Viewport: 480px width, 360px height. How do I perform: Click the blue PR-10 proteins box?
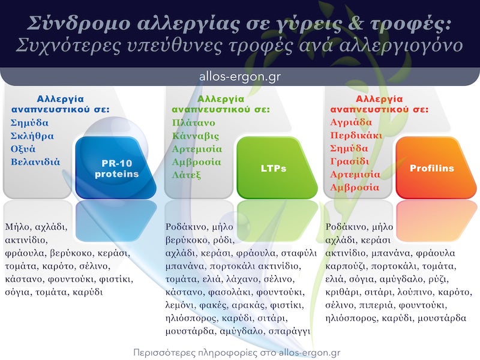point(116,169)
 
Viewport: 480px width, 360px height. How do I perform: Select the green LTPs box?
point(277,169)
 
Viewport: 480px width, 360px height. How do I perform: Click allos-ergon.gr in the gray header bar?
point(239,77)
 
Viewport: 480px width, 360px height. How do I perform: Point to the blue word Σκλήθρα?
point(32,136)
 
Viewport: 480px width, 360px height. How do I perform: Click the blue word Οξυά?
point(23,149)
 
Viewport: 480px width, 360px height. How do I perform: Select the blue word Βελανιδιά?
point(35,161)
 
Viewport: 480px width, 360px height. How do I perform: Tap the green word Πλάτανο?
point(193,122)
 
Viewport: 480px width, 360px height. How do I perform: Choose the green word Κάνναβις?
point(196,136)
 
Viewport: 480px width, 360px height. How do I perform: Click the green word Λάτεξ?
point(187,175)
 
